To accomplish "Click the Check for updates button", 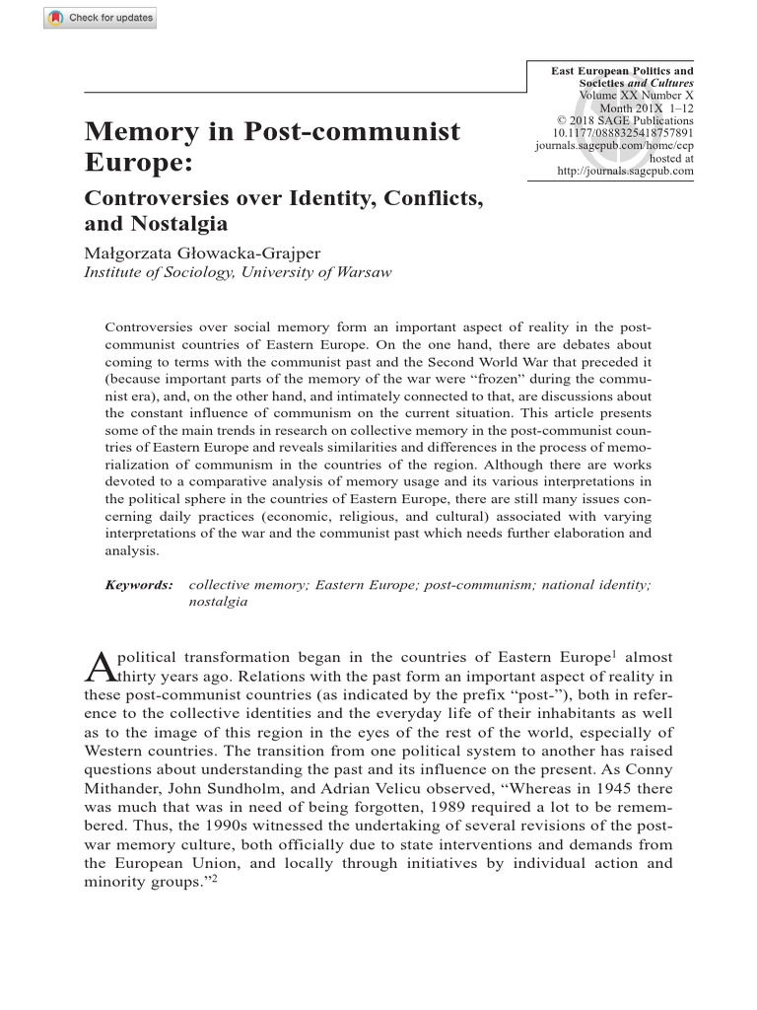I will pos(100,18).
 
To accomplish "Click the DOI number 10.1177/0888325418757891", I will pos(624,132).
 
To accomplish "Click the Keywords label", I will pos(139,585).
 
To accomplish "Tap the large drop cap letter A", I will pos(103,670).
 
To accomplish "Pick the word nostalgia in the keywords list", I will pos(218,601).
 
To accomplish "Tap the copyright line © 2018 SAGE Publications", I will pos(625,120).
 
